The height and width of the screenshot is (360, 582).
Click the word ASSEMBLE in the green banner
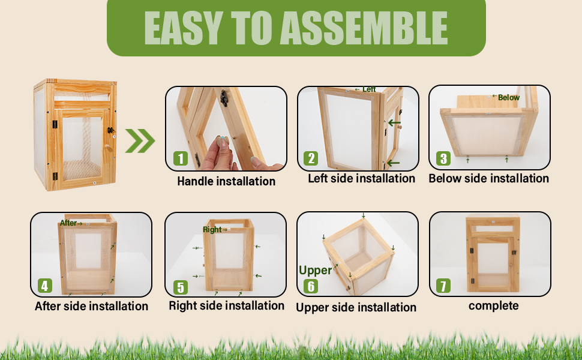(x=364, y=28)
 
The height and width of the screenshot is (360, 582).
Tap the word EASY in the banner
(x=184, y=28)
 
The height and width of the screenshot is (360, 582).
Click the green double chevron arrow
(x=140, y=141)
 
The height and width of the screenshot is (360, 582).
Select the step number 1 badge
(x=181, y=158)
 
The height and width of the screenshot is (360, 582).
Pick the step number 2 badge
(x=311, y=158)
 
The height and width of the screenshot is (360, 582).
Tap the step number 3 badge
(x=443, y=158)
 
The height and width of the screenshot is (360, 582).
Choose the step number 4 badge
(x=44, y=286)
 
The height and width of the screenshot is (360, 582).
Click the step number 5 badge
(x=181, y=287)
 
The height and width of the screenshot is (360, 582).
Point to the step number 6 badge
(x=311, y=286)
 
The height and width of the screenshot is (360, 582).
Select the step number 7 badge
(x=443, y=286)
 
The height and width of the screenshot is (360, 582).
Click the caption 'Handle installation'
(x=226, y=181)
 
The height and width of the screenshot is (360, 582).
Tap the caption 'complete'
(x=493, y=306)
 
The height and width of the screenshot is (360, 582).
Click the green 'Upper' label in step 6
(x=315, y=271)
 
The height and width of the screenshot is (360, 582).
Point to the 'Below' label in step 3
(x=509, y=97)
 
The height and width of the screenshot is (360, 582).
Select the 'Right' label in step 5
(x=212, y=230)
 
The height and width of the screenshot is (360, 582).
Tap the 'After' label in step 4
(x=68, y=223)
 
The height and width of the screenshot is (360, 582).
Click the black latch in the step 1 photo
(x=223, y=98)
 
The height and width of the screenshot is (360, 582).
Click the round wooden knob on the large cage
(x=107, y=148)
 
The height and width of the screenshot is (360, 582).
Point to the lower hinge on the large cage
(x=55, y=176)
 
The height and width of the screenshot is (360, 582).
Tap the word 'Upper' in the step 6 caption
(x=312, y=308)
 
